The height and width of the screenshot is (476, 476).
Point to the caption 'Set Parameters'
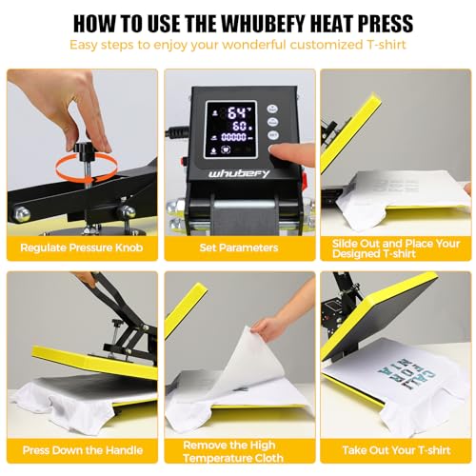(237, 248)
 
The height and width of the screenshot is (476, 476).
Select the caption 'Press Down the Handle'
(80, 450)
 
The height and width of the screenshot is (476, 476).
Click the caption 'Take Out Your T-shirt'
(394, 450)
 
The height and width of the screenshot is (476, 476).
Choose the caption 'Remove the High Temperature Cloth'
(237, 450)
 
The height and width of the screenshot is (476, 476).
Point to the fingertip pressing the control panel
(276, 150)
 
